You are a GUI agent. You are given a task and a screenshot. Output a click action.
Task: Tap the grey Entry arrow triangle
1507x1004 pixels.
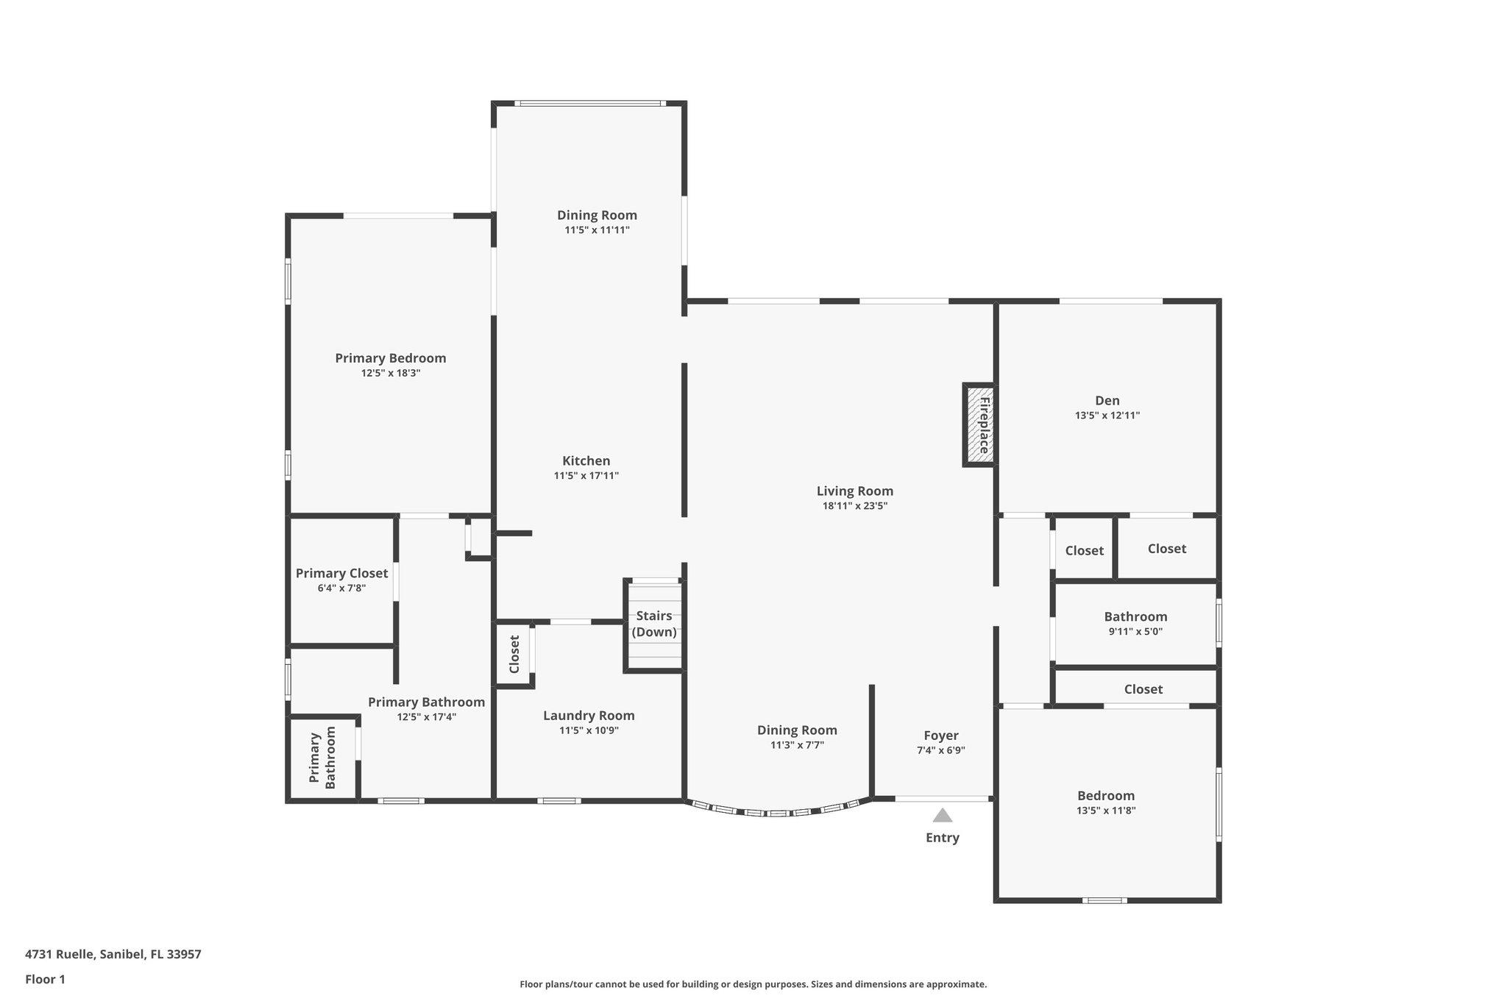[943, 816]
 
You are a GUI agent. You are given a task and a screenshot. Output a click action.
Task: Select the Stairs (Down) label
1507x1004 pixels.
[654, 624]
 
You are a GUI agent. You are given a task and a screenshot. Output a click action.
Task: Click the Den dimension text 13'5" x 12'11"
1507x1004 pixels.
[1107, 416]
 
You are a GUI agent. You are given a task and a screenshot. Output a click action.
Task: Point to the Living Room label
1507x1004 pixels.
[854, 491]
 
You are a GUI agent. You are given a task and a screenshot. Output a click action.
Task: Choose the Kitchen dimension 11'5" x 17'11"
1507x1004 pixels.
[586, 476]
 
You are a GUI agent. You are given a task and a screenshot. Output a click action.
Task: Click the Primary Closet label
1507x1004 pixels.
[341, 574]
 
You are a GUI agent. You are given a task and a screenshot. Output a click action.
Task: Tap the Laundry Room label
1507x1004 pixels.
[589, 716]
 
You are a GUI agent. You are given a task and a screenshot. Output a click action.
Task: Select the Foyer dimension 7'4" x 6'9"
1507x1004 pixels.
[940, 751]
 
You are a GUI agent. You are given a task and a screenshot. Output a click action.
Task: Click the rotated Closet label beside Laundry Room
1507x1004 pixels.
[514, 654]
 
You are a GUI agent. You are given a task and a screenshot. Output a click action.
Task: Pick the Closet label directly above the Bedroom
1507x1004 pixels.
[1143, 689]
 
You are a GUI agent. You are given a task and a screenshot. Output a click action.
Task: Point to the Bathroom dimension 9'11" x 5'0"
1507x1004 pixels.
[1135, 632]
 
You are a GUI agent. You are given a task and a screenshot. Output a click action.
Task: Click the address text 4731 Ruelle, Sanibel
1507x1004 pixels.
[113, 955]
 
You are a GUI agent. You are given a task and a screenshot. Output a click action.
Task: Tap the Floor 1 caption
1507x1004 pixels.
[45, 979]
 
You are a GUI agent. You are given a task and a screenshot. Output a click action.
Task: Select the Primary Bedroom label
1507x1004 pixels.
[390, 358]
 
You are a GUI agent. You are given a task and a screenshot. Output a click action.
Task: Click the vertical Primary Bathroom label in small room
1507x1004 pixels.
[322, 758]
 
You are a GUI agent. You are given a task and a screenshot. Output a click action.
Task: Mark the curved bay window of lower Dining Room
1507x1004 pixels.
[777, 812]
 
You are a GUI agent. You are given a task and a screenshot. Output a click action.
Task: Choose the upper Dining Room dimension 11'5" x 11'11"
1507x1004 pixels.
[597, 230]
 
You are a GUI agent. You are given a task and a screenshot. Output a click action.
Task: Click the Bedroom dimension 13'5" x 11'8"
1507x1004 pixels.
[1105, 811]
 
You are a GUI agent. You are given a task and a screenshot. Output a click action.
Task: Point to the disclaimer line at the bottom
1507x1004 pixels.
[753, 984]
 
